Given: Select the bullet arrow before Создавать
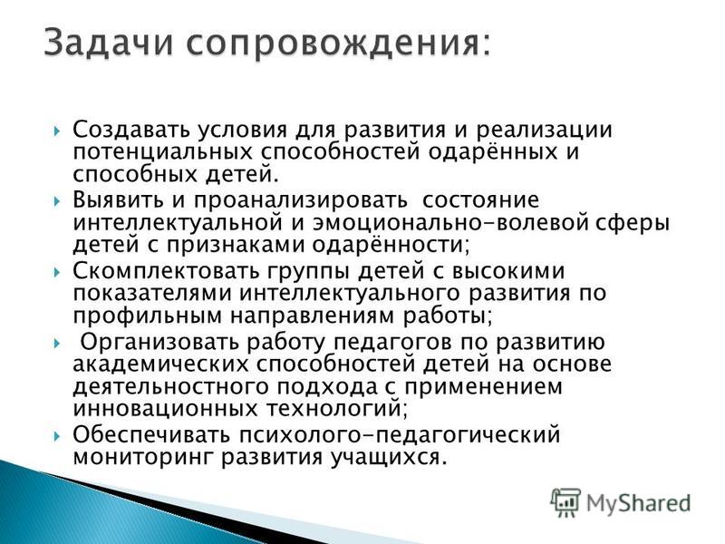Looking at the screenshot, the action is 57,131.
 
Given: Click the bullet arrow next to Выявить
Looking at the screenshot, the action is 57,201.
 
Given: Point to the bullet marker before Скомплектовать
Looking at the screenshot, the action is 57,271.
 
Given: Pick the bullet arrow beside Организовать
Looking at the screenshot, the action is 57,343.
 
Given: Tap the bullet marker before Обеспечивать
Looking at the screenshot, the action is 57,436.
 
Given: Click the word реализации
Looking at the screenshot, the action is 545,131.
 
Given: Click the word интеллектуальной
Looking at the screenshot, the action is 178,223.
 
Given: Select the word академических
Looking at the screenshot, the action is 160,364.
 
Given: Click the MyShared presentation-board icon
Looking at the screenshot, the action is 565,503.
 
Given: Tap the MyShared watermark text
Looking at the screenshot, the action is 639,504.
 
